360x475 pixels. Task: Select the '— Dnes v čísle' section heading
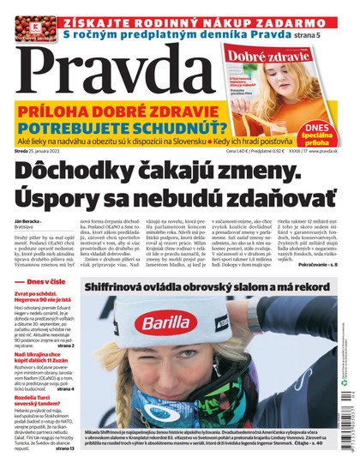pyautogui.click(x=50, y=280)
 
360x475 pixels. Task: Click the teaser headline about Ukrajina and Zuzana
pyautogui.click(x=48, y=360)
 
